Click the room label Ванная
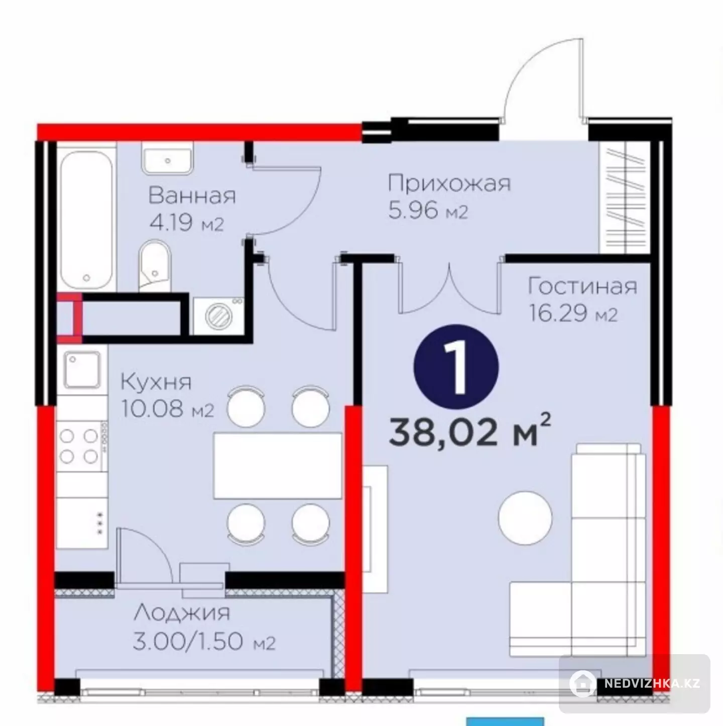(192, 196)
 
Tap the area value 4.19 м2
(187, 224)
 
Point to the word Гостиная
(582, 287)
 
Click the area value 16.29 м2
(573, 314)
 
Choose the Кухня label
(156, 382)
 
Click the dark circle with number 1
(456, 367)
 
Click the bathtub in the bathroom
(86, 220)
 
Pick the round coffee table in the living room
(525, 517)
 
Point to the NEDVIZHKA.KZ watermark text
(652, 683)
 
